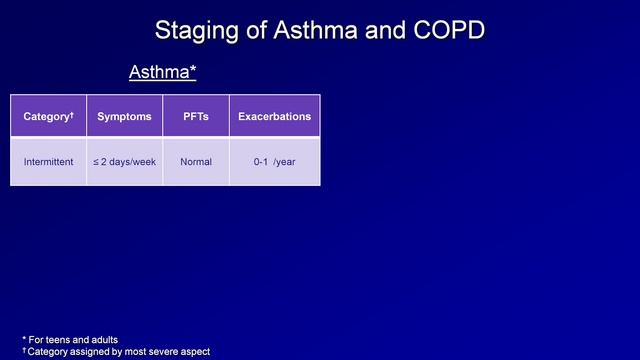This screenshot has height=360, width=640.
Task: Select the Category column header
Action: (x=45, y=117)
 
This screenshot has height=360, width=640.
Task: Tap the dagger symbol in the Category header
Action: (x=71, y=114)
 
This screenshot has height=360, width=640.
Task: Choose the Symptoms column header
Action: (x=124, y=117)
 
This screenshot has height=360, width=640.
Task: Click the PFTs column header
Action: (x=195, y=117)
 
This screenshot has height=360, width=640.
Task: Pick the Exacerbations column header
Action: (x=274, y=117)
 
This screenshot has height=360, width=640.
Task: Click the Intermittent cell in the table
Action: (x=48, y=162)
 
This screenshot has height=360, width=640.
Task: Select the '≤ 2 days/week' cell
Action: (x=124, y=162)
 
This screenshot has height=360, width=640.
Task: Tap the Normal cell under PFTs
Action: (x=195, y=162)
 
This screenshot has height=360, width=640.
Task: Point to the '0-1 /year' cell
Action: (x=274, y=162)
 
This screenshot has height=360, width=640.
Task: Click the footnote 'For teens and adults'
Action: (x=80, y=340)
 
